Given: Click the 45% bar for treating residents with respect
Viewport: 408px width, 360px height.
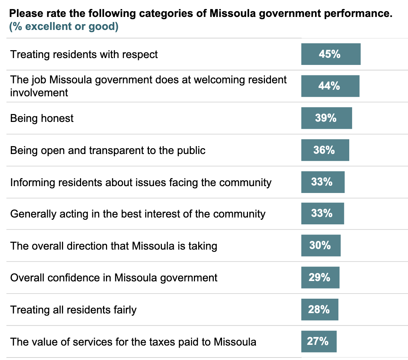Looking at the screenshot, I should tap(331, 54).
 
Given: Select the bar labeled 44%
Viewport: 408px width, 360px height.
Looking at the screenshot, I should tap(330, 86).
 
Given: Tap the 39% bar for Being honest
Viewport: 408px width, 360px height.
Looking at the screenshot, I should tap(327, 118).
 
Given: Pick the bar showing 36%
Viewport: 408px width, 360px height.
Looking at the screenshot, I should tap(325, 150).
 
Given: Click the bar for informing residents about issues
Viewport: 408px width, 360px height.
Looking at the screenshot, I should tap(323, 182).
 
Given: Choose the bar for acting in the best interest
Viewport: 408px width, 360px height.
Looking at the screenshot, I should tap(323, 214).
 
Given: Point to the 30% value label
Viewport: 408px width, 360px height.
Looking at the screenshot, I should tap(320, 245).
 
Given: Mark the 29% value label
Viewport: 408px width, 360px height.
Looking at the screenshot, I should tap(319, 277).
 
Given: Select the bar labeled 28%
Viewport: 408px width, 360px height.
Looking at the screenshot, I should tap(320, 309).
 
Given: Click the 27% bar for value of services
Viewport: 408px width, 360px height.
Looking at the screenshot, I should tap(319, 341).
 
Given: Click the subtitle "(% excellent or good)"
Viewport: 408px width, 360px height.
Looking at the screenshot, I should tap(64, 27).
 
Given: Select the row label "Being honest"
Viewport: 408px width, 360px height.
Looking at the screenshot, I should tap(42, 118).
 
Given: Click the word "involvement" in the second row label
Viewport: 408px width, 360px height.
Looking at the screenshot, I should tap(39, 93).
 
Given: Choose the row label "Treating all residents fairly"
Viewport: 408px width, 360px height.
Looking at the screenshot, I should tap(73, 309).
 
